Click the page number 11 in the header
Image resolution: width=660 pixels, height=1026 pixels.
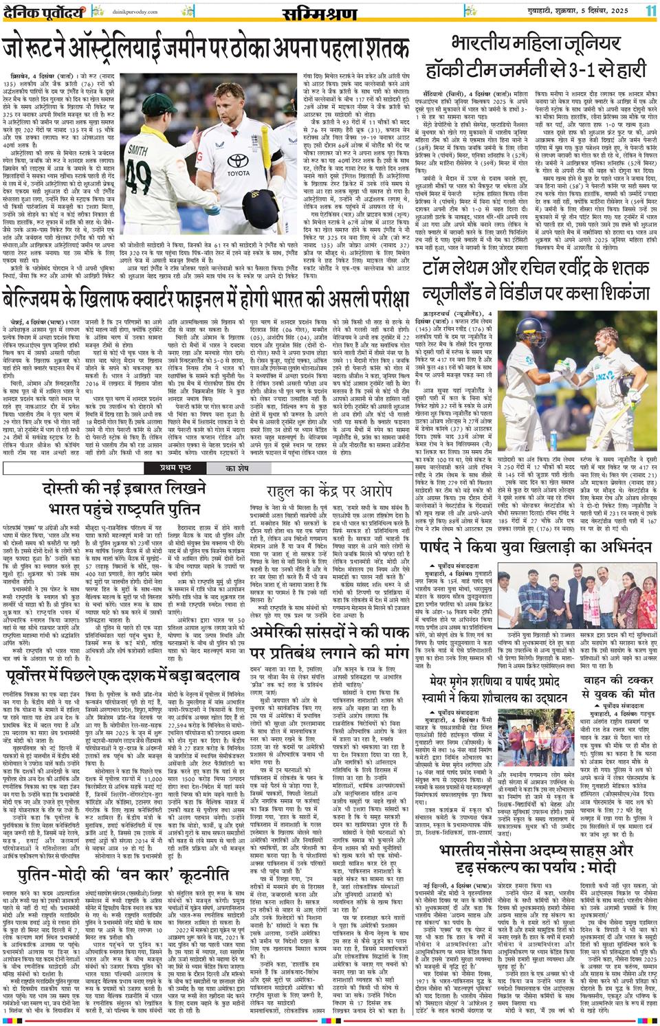[650, 12]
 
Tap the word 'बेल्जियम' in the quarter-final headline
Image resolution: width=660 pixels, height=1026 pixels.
[42, 300]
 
